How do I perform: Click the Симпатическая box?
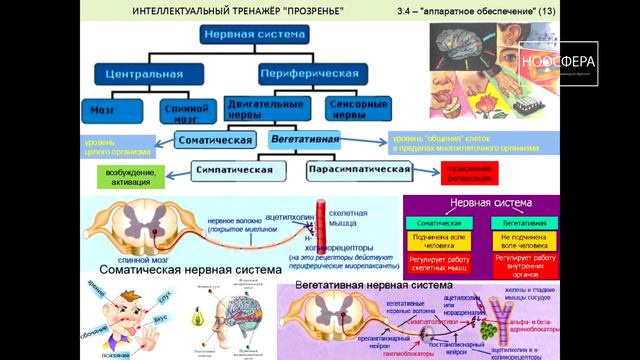click(x=236, y=170)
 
